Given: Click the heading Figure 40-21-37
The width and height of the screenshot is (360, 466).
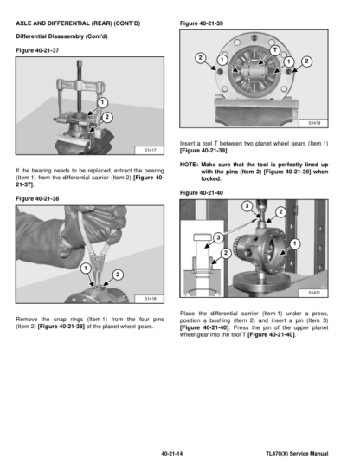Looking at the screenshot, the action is (x=37, y=50).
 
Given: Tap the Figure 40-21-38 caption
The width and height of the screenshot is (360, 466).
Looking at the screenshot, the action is (x=37, y=198).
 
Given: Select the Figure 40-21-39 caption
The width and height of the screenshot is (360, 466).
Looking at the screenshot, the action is (x=202, y=23).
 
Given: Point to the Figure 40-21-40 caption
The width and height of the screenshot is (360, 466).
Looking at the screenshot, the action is (x=202, y=193).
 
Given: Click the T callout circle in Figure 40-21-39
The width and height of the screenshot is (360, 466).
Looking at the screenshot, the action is (x=275, y=50).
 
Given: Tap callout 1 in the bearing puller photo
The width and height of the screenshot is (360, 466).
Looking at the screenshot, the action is (x=102, y=102).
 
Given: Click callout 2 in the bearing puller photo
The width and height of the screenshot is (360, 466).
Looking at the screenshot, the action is (x=107, y=117).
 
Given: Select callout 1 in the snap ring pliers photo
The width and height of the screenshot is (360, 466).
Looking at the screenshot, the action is (x=86, y=269).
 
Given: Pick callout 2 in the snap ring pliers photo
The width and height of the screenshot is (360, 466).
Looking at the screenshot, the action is (x=118, y=275).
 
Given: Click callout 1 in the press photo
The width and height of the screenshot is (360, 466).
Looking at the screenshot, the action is (x=294, y=244).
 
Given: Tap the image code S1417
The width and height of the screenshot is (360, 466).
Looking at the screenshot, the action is (x=150, y=150).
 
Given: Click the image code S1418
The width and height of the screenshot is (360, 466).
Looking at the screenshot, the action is (x=150, y=298).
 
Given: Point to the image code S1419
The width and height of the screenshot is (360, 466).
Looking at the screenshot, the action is (x=314, y=123).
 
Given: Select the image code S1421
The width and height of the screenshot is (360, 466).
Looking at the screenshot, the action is (x=314, y=293).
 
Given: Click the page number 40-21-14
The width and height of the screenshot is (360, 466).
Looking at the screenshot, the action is (x=172, y=454).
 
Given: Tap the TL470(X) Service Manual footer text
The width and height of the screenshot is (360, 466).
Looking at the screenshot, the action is (x=297, y=454).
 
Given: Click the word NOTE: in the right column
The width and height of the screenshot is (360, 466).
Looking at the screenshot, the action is (x=189, y=165).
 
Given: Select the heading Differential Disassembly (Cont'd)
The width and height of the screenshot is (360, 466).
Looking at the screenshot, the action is (x=61, y=36).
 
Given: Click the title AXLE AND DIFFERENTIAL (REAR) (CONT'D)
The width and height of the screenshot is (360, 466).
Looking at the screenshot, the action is (x=78, y=23).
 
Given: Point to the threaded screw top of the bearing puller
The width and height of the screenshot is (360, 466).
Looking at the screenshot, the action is (x=80, y=63).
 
